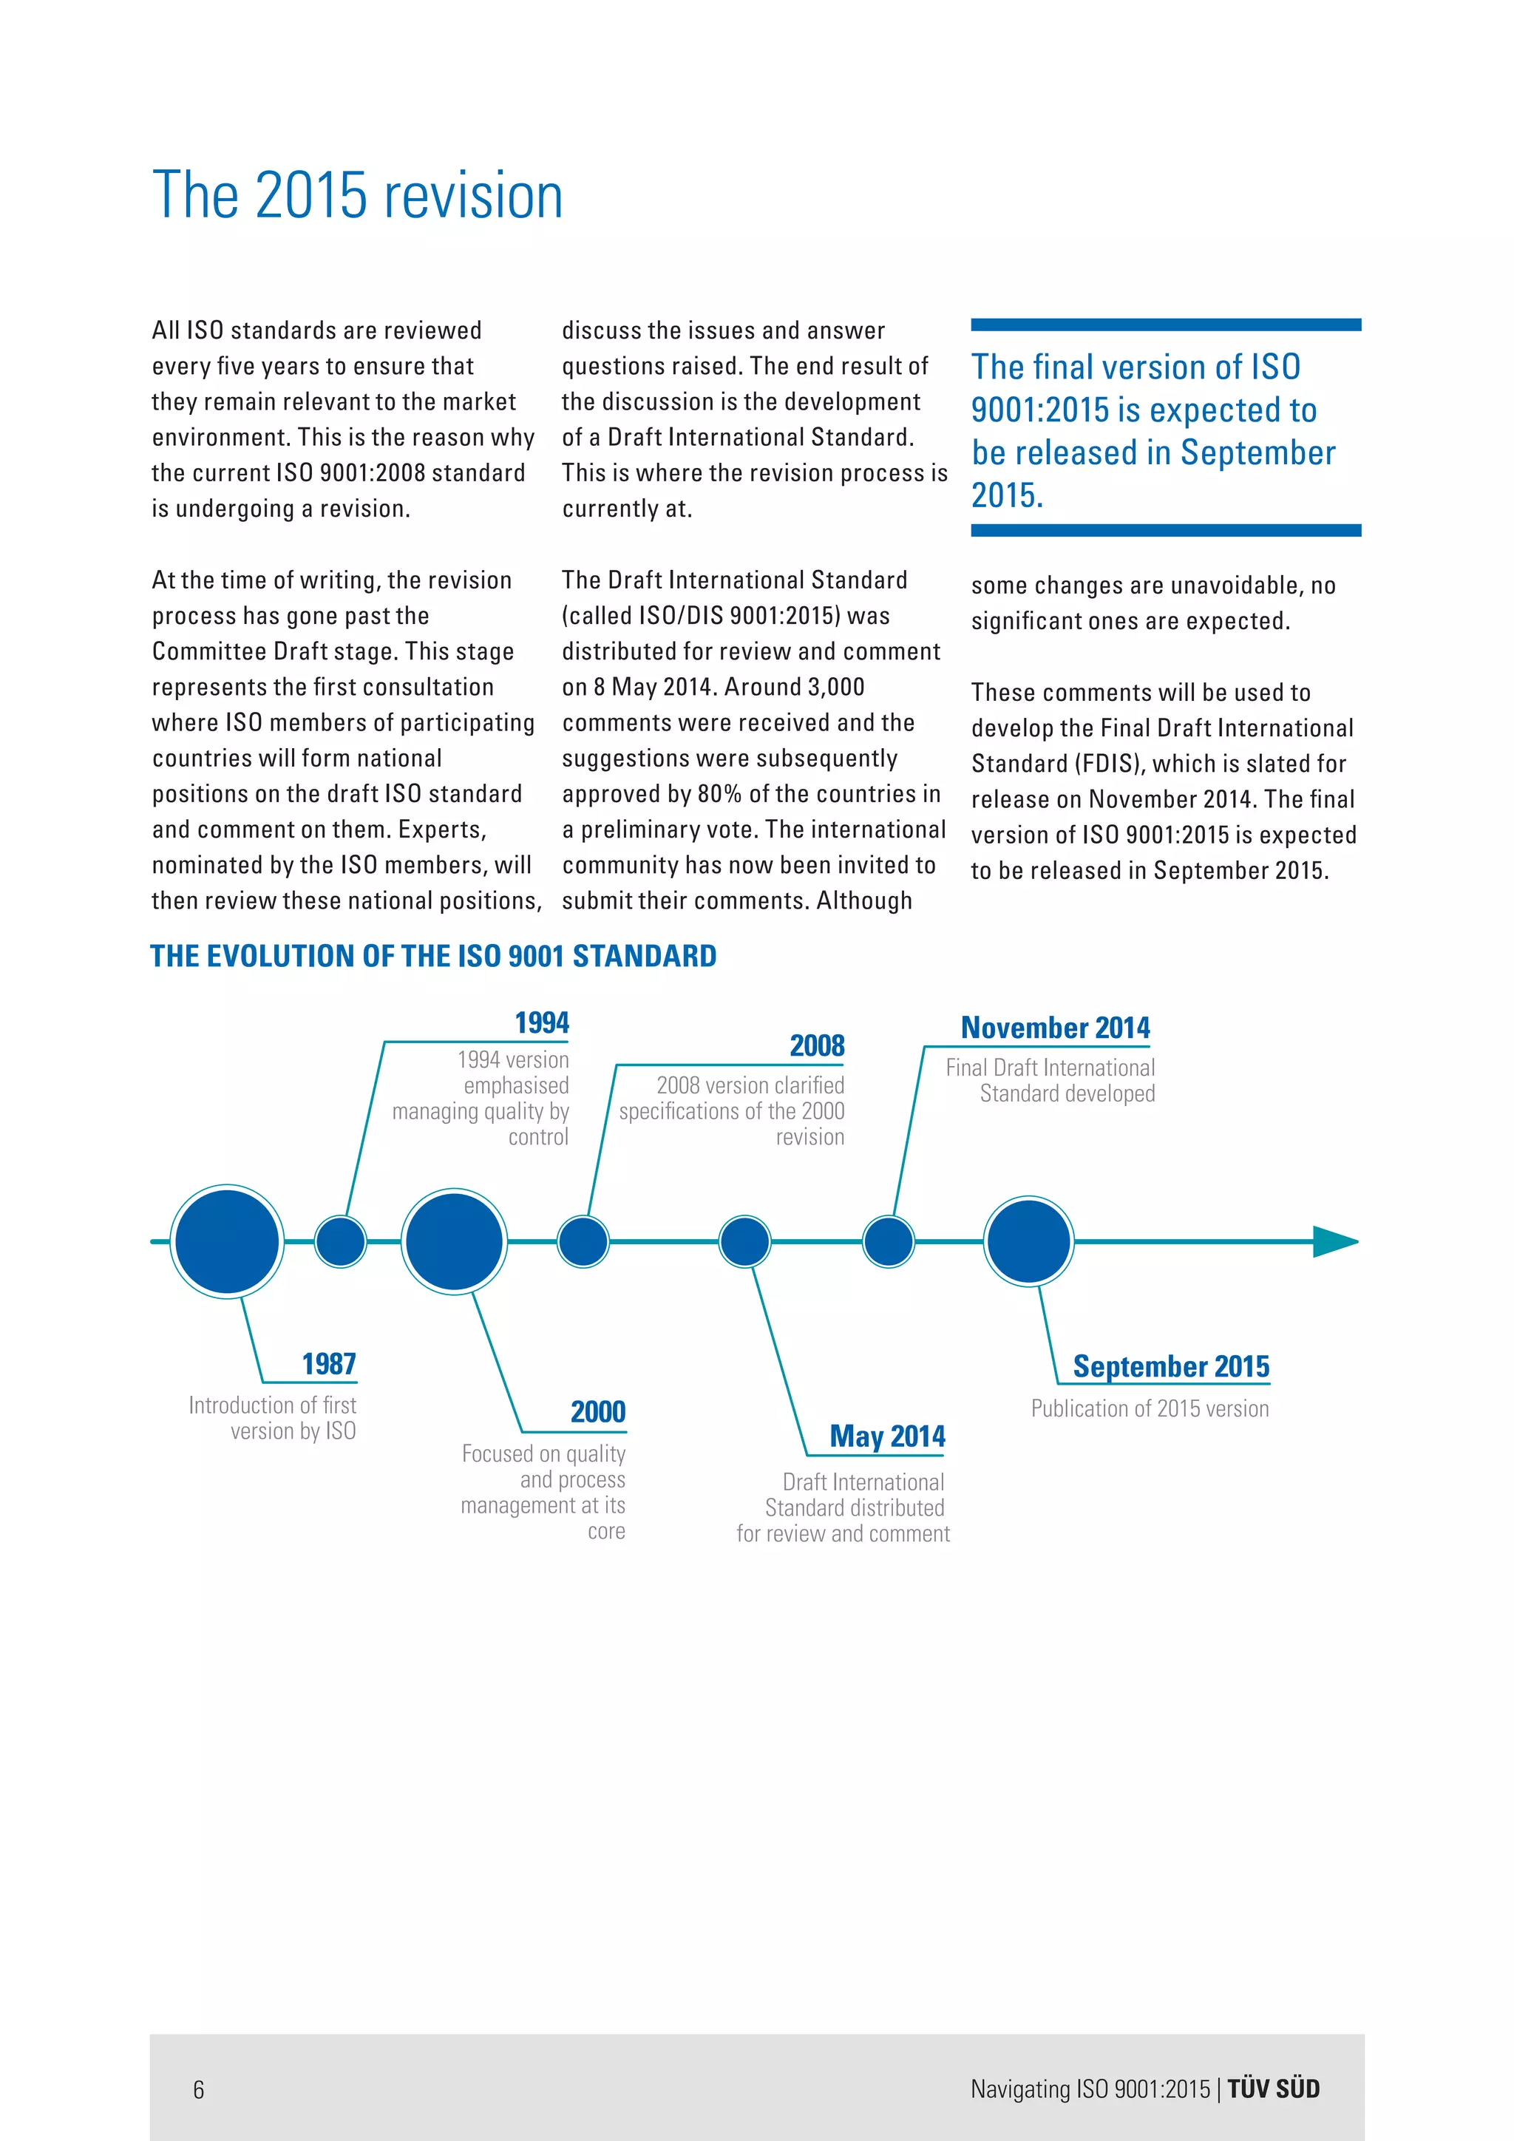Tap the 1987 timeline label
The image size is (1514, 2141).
pos(328,1364)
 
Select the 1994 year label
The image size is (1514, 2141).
pos(542,1023)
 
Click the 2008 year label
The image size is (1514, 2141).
pos(817,1046)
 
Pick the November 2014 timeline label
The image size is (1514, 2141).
pos(1056,1028)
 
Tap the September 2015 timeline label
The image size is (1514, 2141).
pos(1171,1366)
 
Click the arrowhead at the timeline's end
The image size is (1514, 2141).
pos(1335,1241)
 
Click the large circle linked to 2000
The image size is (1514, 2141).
pos(454,1241)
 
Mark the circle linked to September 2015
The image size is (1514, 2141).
pos(1028,1241)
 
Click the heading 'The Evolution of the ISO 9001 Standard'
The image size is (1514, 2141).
pos(432,956)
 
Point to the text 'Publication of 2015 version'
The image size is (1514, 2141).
pos(1150,1408)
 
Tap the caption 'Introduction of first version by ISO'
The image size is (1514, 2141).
pos(272,1417)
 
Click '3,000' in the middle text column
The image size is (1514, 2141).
pos(835,688)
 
